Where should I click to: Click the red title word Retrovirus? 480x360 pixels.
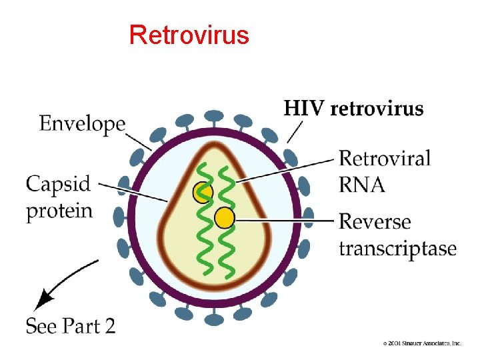tap(189, 34)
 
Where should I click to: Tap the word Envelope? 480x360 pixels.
tap(82, 123)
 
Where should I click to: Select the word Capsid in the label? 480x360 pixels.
tap(59, 184)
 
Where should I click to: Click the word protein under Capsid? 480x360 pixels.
tap(59, 211)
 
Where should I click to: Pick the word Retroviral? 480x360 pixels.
tap(385, 159)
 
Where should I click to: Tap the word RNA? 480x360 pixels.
tap(362, 185)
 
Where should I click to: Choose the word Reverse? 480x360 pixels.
tap(375, 221)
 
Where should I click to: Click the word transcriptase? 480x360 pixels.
tap(397, 249)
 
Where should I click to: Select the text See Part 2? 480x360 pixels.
tap(70, 326)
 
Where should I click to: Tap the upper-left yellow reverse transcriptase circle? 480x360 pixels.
tap(202, 193)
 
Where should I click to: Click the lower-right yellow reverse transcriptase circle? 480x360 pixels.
tap(225, 217)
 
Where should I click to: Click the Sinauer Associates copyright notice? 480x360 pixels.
tap(422, 343)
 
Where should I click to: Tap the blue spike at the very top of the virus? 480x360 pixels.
tap(214, 117)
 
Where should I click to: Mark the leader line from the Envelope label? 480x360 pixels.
tap(139, 141)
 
